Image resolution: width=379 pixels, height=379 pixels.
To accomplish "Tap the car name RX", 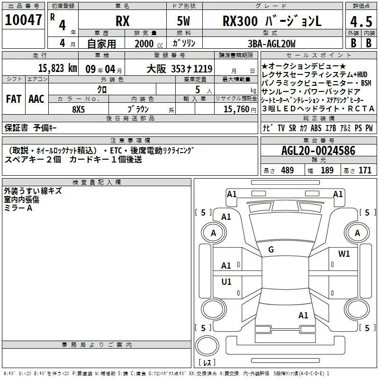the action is (123, 22).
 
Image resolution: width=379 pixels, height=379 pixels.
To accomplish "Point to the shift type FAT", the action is (13, 99).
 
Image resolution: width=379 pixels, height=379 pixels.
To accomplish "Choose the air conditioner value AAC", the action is (36, 99).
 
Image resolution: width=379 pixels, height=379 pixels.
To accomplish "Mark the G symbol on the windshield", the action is (271, 249).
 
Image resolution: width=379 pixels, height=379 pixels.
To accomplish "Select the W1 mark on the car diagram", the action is (344, 254).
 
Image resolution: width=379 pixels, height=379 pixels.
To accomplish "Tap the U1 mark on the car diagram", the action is (226, 281).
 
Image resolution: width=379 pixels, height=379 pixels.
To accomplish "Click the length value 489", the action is (288, 170).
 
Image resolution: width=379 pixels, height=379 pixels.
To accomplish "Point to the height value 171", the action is (365, 170).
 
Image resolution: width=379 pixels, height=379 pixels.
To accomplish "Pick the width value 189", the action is (327, 170).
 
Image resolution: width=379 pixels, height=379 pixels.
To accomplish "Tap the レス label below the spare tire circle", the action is (207, 363).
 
